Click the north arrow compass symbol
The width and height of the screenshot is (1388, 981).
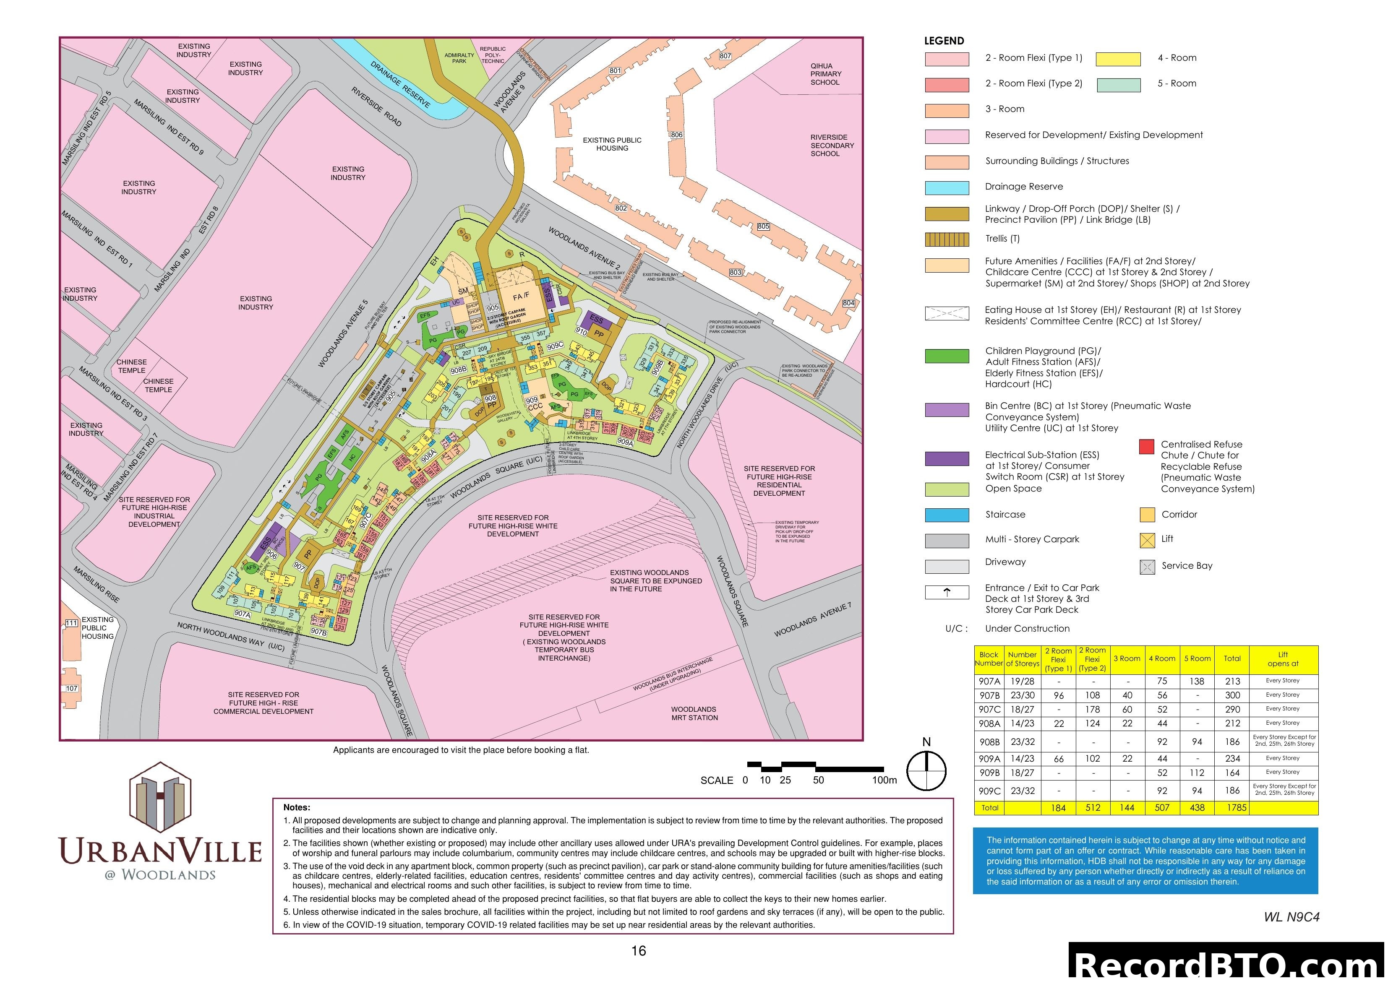(926, 770)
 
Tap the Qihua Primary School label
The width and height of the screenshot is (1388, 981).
(825, 74)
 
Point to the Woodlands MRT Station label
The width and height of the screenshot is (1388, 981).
(694, 713)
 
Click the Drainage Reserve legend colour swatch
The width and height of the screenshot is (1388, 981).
(947, 187)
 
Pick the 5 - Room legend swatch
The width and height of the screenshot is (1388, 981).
(1118, 85)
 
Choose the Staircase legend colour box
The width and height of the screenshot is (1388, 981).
(947, 515)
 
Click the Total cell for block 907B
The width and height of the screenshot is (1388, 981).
(1232, 695)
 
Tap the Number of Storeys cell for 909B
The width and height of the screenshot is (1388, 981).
(1022, 773)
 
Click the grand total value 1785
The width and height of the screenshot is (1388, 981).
(1236, 807)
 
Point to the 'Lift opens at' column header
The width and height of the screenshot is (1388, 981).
(1283, 659)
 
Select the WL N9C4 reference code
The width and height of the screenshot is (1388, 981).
(1291, 917)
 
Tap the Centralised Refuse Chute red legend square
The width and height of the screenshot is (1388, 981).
(1146, 447)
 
